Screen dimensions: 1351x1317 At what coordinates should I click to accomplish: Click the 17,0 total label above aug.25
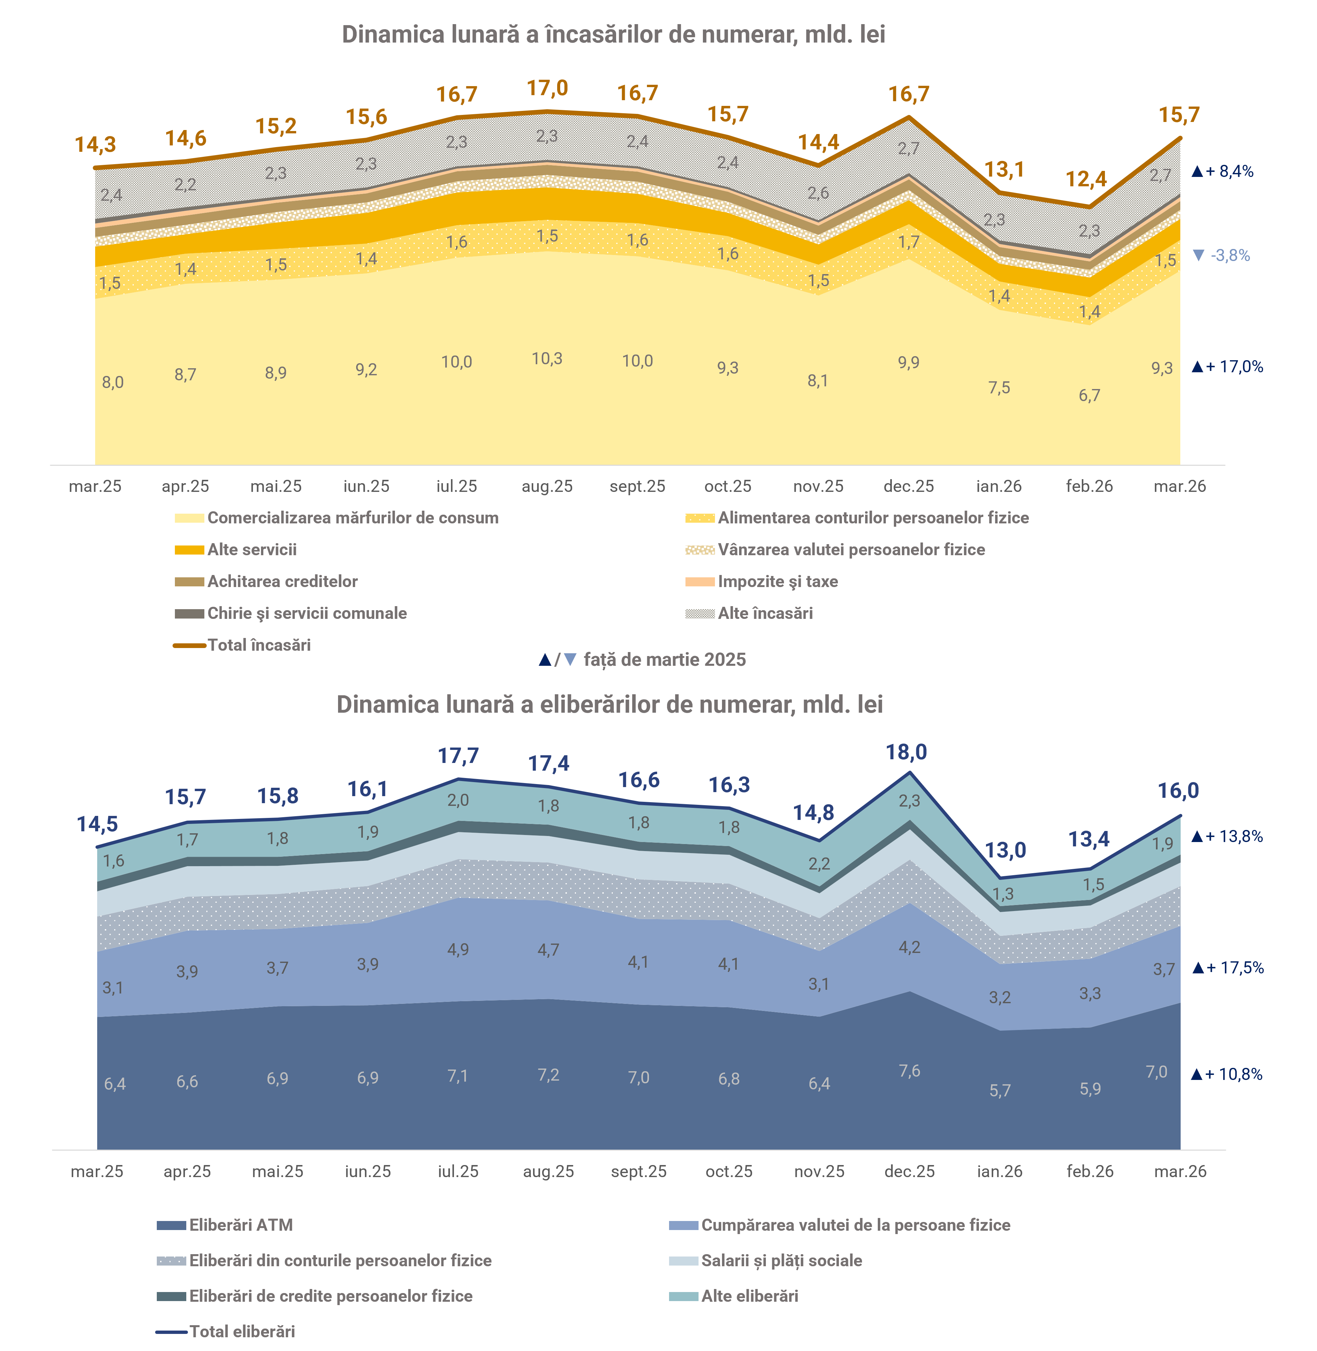[547, 88]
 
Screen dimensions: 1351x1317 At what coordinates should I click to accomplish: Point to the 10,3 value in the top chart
[547, 358]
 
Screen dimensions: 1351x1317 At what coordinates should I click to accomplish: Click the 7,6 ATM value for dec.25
[910, 1071]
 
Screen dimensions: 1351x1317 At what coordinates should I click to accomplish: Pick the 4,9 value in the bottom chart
[458, 949]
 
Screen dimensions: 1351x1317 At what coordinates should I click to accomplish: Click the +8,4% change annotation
[1223, 172]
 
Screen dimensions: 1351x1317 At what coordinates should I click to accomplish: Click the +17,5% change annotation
[1228, 968]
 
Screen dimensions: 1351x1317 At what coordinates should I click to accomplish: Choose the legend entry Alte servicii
[252, 550]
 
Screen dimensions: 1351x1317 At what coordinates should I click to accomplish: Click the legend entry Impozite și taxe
[778, 582]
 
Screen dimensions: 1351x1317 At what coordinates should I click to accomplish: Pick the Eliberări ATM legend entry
[241, 1225]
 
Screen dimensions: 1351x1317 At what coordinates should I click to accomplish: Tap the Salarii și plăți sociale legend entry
[781, 1261]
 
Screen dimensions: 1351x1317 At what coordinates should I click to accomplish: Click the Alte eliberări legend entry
[749, 1296]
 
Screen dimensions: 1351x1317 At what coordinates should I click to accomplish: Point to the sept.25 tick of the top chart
[637, 486]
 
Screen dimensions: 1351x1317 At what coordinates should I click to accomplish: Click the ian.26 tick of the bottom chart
[999, 1171]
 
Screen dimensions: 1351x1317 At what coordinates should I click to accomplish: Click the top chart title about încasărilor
[613, 35]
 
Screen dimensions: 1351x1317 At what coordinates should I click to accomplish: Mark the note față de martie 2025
[664, 660]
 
